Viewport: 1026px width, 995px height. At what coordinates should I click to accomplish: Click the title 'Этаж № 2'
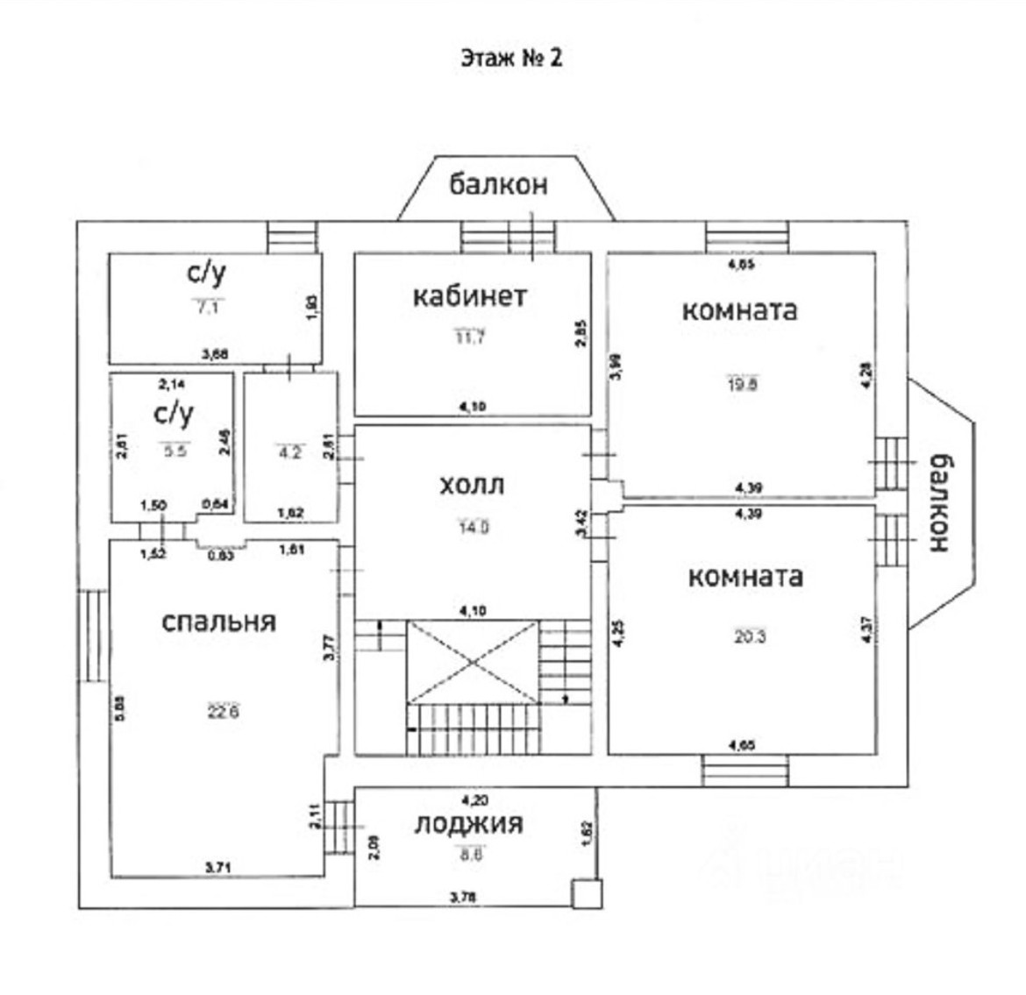pos(511,58)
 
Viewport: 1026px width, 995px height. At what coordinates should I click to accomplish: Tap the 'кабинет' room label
pos(470,296)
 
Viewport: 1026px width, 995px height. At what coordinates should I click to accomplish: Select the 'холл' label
pos(473,484)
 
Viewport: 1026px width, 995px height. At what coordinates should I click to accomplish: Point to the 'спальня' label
pos(218,622)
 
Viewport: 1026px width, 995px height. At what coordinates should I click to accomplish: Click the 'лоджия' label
pos(469,824)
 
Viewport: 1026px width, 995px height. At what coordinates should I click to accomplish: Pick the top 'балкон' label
pos(499,184)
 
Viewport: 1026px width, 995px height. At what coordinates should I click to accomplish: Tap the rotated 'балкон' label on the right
pos(939,502)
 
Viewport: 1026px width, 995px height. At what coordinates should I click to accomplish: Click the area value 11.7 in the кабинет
pos(470,338)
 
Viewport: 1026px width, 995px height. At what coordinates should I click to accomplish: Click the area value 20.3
pos(750,637)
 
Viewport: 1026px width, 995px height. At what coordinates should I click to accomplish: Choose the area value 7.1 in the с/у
pos(206,307)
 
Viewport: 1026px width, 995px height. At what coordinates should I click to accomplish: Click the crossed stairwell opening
pos(473,661)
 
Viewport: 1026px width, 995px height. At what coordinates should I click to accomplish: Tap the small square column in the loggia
pos(586,893)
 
